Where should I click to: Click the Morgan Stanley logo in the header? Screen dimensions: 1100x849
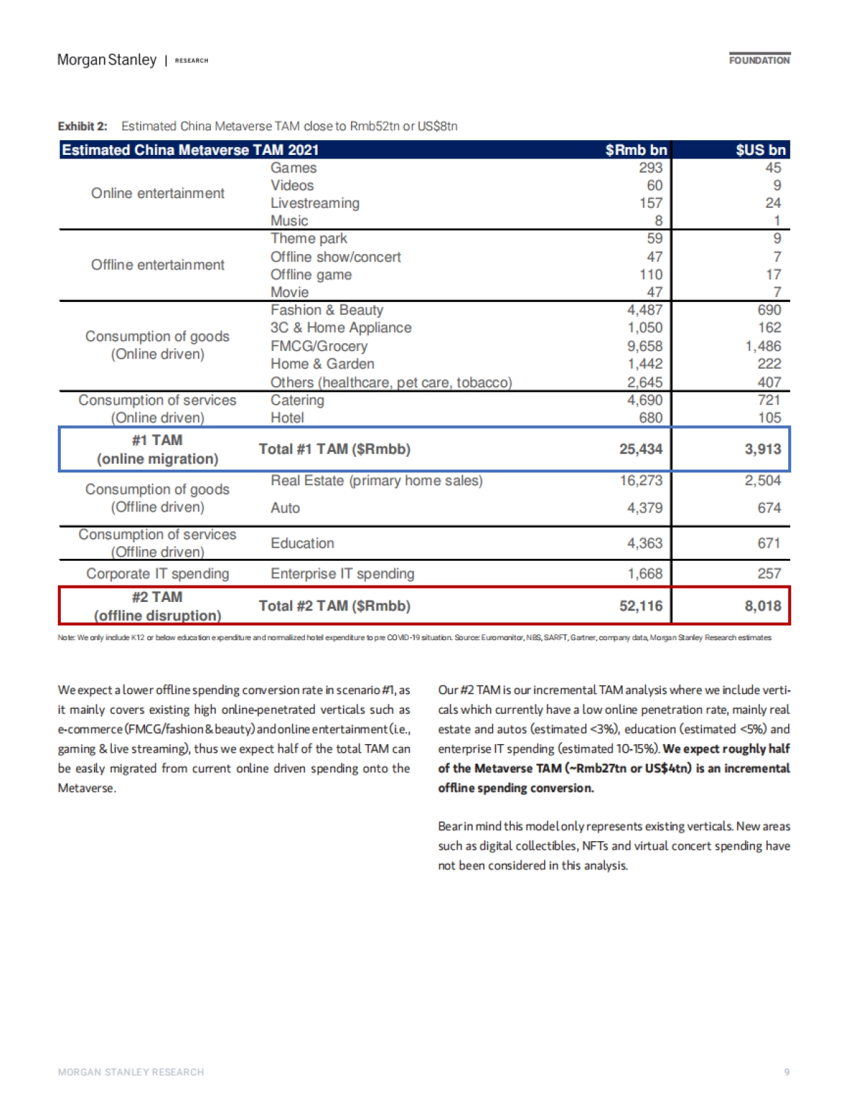pos(107,60)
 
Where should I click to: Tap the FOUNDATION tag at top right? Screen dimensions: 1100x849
pos(759,60)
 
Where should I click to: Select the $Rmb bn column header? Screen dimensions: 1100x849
pos(636,150)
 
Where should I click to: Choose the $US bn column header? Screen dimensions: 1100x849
pos(761,150)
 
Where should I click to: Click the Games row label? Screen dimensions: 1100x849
pos(294,168)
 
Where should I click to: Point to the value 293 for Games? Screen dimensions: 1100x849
pos(651,168)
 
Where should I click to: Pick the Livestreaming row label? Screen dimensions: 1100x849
pos(315,203)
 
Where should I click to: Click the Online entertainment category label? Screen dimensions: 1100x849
pos(158,193)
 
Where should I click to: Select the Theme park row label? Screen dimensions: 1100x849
pos(308,238)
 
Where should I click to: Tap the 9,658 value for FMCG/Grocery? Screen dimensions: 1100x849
pos(645,346)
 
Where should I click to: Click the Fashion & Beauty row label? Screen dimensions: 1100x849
pos(327,310)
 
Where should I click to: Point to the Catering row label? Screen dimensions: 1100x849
pos(297,400)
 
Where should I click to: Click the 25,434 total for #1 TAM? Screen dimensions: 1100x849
pos(641,449)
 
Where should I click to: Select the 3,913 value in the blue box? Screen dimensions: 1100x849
pos(763,449)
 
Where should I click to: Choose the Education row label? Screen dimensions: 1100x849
pos(302,543)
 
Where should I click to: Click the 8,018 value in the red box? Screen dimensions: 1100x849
pos(763,606)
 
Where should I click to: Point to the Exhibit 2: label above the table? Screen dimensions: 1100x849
pos(83,127)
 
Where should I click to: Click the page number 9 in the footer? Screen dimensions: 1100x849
pos(787,1072)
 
